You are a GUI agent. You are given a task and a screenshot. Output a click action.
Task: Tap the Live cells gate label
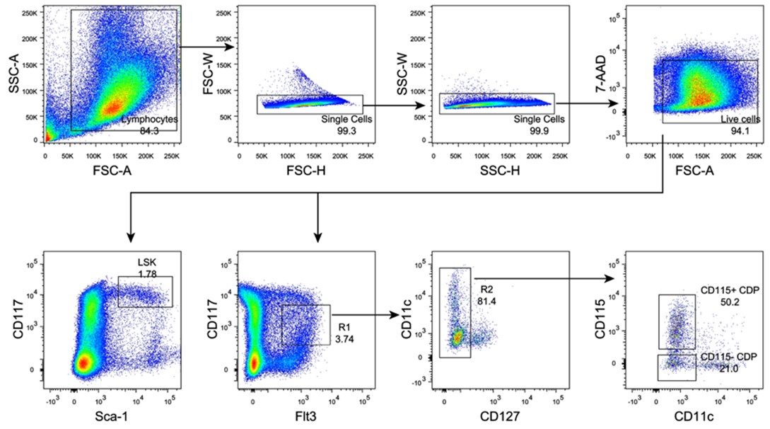[740, 120]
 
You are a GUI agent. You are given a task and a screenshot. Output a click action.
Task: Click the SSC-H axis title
[500, 170]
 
